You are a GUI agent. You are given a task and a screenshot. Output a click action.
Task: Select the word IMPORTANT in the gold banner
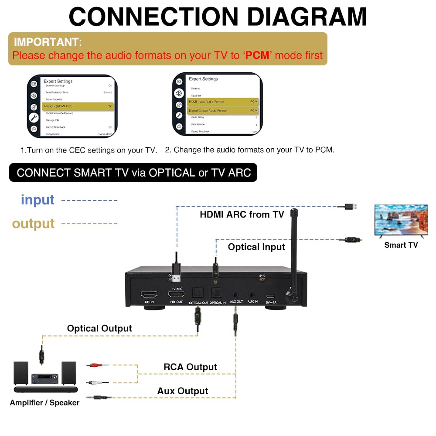(46, 42)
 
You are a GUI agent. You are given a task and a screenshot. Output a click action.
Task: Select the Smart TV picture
(401, 221)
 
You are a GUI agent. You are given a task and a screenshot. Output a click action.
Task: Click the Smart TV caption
(401, 245)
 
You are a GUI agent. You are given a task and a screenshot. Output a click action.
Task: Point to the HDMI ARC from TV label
(242, 215)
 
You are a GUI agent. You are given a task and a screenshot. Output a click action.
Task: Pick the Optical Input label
(256, 247)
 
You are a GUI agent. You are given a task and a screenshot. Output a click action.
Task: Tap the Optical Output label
(99, 328)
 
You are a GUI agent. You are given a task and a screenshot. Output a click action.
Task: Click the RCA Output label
(190, 367)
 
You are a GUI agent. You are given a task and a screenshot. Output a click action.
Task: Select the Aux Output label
(183, 391)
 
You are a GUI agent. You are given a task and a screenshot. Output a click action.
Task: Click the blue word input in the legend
(37, 200)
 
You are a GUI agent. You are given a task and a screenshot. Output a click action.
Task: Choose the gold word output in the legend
(34, 224)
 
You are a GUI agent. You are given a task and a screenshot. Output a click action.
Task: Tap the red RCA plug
(97, 364)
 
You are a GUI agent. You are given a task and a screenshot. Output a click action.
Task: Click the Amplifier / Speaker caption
(44, 403)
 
